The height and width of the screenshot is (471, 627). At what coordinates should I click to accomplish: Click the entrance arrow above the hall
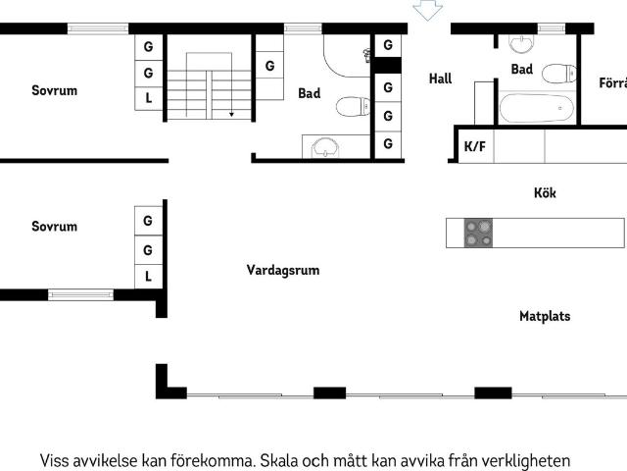point(427,10)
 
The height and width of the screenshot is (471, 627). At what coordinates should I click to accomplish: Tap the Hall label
point(441,78)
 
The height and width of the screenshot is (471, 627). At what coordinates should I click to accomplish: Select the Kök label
point(545,193)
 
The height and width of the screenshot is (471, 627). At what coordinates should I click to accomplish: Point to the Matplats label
point(545,316)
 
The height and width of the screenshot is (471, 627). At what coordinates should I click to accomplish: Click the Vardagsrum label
point(283,270)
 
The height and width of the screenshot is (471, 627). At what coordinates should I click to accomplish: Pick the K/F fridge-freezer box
point(475,147)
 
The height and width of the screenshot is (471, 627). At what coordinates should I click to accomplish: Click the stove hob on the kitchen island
point(479,233)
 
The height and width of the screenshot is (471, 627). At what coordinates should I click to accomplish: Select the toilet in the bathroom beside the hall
point(557,73)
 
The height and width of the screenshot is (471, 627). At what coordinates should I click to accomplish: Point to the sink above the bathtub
point(522,42)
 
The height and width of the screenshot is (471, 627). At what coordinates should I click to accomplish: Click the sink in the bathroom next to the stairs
point(324,148)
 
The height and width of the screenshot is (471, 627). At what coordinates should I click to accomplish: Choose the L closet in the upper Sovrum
point(148,98)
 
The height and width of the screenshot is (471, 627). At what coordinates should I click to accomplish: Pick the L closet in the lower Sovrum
point(148,276)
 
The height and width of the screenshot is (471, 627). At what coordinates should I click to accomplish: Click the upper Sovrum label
point(54,90)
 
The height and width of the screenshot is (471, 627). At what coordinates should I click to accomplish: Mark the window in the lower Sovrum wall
point(80,293)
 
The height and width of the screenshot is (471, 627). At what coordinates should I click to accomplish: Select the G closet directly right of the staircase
point(269,67)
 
